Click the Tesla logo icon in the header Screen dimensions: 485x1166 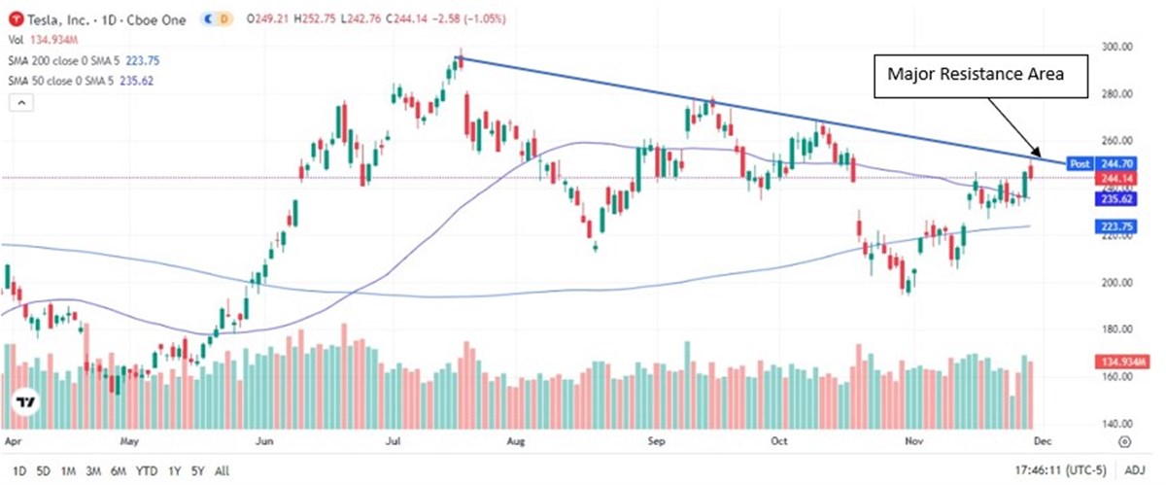click(x=14, y=19)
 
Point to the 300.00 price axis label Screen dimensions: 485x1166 click(x=1112, y=47)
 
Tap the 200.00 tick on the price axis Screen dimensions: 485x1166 click(x=1112, y=283)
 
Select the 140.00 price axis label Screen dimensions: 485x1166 click(x=1112, y=424)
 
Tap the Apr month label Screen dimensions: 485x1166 click(x=14, y=440)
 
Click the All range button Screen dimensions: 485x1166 click(x=222, y=471)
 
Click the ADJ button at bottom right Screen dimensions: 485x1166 click(x=1135, y=471)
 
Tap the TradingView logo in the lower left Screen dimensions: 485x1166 click(x=26, y=402)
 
